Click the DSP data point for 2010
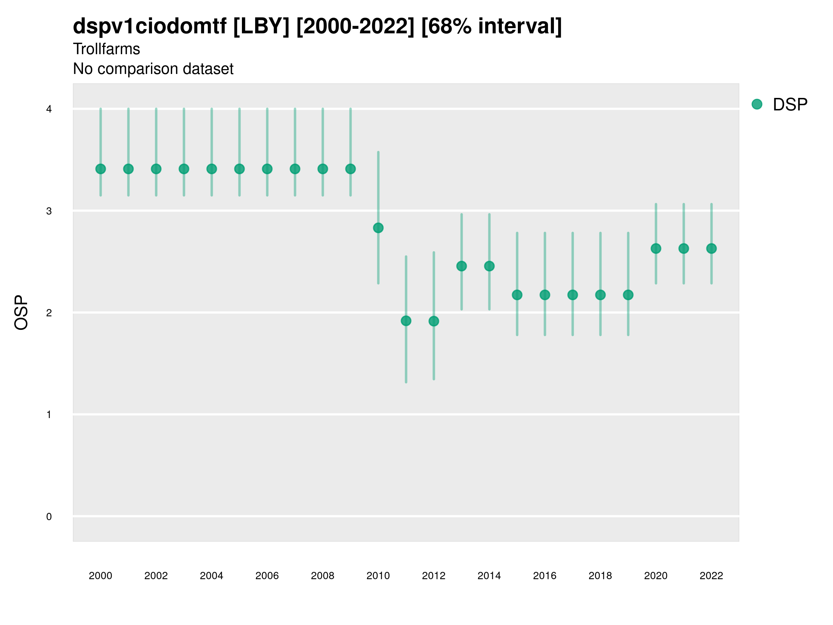[x=378, y=228]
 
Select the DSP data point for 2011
[x=406, y=321]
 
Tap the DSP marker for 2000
[x=101, y=169]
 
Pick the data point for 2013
[x=461, y=266]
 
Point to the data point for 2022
[x=712, y=249]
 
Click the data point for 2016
[x=545, y=295]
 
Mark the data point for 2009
[x=351, y=169]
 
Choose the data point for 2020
[x=656, y=249]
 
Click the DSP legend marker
[x=757, y=105]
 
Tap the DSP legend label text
[x=790, y=105]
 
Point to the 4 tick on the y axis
[x=49, y=109]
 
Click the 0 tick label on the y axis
[x=49, y=517]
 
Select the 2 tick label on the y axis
[x=49, y=313]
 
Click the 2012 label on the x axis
[x=434, y=576]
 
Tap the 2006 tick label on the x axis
[x=267, y=576]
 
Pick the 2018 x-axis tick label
[x=600, y=576]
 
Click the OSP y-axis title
[x=21, y=313]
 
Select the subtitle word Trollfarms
[x=107, y=49]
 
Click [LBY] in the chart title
[x=261, y=26]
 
